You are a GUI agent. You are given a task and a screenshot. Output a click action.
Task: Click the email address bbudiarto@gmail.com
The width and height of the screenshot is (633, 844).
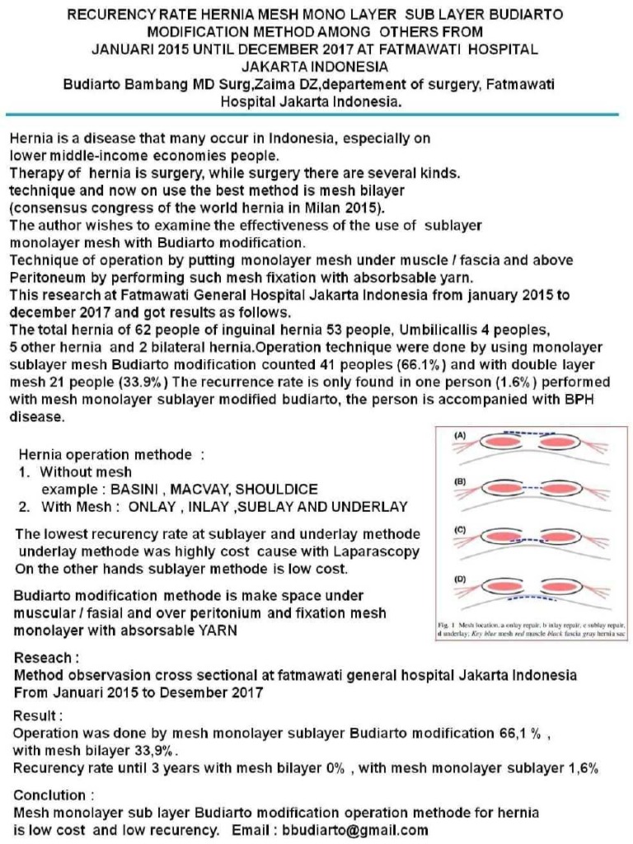(x=355, y=830)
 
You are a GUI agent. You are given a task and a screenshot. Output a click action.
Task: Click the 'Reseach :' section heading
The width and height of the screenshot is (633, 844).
(x=47, y=659)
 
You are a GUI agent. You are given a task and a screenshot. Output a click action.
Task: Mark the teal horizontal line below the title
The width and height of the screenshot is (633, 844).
(x=316, y=115)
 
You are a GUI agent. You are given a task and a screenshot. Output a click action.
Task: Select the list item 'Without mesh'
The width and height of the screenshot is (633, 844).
(x=86, y=472)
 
